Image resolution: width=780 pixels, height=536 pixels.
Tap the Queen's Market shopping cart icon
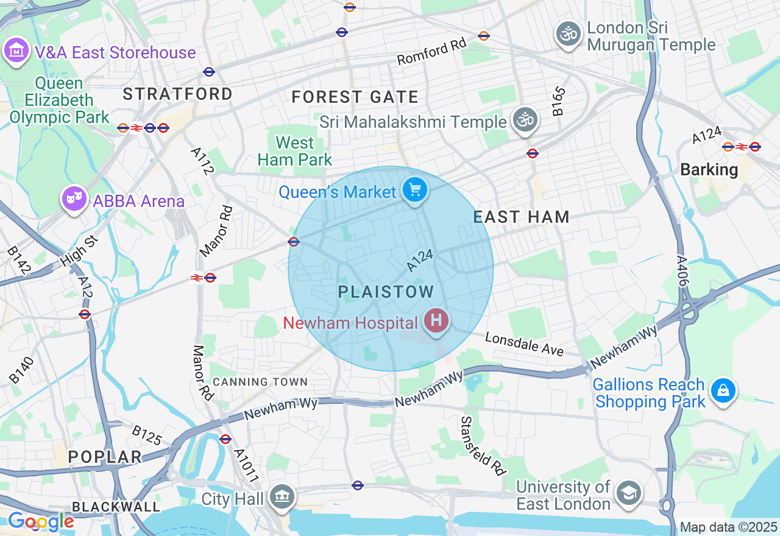point(415,191)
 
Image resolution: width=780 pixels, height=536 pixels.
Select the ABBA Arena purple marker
point(74,199)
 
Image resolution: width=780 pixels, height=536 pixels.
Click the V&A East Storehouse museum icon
point(16,51)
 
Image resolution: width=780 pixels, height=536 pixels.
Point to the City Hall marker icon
point(282,497)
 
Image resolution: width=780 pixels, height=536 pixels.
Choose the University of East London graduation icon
point(628,493)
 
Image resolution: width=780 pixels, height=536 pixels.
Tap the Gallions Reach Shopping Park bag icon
point(723,390)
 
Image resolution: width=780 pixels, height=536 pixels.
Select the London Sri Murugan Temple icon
point(569,34)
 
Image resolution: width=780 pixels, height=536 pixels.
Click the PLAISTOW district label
point(386,292)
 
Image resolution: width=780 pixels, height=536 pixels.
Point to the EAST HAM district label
point(522,217)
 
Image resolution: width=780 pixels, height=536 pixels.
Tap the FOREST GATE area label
point(355,97)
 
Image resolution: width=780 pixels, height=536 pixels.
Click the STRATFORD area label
point(177,94)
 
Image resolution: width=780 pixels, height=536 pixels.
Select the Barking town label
point(709,169)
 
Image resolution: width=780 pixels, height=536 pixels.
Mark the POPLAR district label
point(105,457)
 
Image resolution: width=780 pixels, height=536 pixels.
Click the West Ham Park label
point(295,152)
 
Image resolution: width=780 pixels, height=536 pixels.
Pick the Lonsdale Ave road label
point(525,344)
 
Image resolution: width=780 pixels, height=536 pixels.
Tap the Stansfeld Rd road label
point(483,446)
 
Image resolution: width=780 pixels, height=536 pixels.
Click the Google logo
point(40,521)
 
